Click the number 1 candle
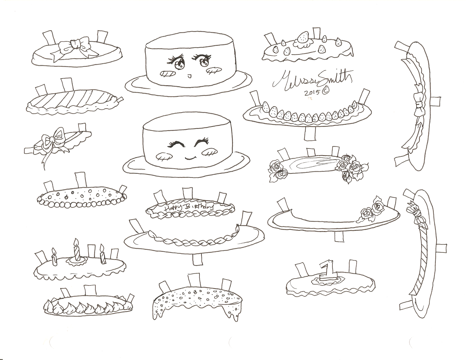(326, 271)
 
